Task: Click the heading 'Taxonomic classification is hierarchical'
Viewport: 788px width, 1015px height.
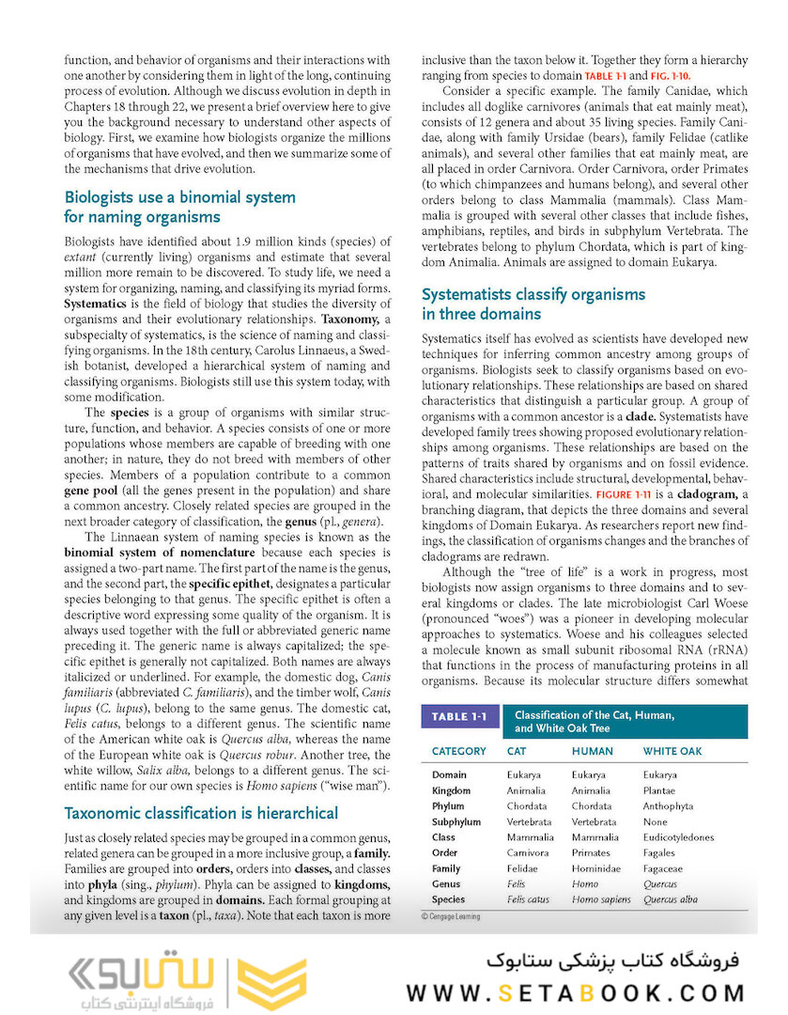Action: click(x=200, y=813)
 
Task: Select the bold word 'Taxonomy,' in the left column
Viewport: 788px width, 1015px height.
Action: click(x=350, y=320)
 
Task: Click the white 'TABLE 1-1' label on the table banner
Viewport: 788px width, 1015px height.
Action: click(x=458, y=717)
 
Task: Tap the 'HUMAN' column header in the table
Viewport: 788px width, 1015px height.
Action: click(x=592, y=751)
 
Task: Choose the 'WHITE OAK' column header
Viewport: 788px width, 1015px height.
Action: click(x=672, y=751)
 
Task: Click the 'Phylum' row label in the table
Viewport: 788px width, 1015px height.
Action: click(x=448, y=806)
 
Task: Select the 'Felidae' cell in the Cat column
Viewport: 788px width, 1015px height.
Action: click(x=522, y=869)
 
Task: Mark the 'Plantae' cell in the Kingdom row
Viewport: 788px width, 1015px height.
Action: click(x=661, y=790)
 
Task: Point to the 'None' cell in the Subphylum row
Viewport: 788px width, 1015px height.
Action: click(x=656, y=822)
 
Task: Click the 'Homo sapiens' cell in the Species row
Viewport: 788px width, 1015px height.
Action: click(x=601, y=899)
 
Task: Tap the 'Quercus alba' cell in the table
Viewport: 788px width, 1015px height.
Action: click(x=671, y=899)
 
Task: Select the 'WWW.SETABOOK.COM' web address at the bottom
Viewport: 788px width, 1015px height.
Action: click(x=575, y=992)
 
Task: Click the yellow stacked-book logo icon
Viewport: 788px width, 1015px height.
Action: click(x=270, y=985)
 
